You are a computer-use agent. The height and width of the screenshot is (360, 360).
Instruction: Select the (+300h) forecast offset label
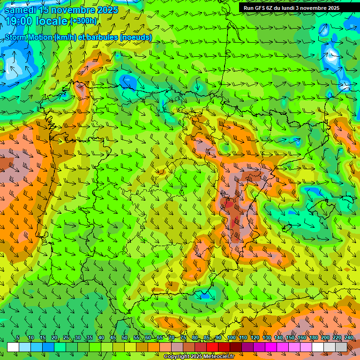pos(83,21)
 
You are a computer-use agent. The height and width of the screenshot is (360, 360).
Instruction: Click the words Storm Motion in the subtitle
pos(29,37)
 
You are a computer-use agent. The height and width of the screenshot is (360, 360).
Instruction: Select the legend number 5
pos(18,338)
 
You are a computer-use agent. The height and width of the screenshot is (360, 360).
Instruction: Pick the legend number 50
pos(125,338)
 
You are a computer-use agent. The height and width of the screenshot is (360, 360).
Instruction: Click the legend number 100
pos(232,338)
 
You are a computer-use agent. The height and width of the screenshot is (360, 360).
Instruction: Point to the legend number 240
pos(349,338)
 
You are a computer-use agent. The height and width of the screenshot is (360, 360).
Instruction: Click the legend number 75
pos(183,338)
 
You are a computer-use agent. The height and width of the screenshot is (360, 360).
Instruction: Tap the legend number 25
pos(66,338)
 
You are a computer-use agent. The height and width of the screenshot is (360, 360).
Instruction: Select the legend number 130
pos(267,338)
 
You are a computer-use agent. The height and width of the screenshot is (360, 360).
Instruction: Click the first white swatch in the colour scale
pos(13,347)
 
